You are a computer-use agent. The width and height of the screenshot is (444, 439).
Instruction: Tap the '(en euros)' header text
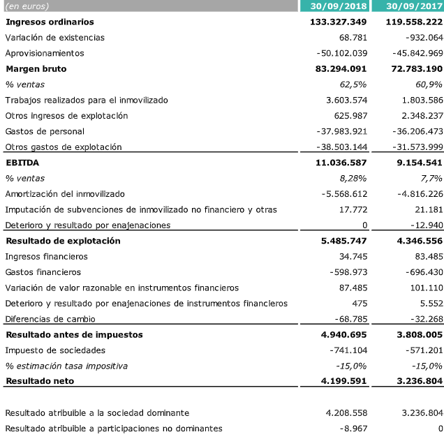tap(27, 6)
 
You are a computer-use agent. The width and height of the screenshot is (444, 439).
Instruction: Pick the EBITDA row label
tap(22, 163)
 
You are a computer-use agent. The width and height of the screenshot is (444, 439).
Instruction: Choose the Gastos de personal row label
tap(45, 131)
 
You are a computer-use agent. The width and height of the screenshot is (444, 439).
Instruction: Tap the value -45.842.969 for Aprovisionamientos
tap(412, 53)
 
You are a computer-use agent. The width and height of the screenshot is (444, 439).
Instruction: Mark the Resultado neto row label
tap(40, 381)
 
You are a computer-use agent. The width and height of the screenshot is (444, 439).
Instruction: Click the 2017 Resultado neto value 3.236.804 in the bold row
tap(415, 381)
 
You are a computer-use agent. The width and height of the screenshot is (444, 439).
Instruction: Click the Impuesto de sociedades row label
tap(55, 350)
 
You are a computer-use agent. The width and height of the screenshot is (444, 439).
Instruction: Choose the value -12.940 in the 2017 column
tap(423, 225)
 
